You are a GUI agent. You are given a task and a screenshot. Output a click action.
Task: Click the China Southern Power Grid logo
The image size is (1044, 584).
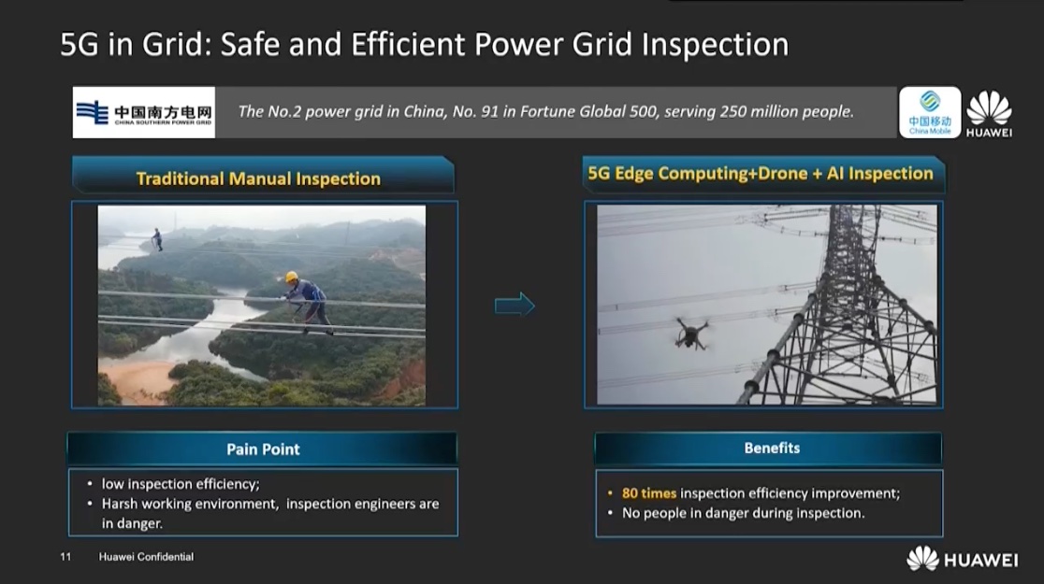pyautogui.click(x=144, y=112)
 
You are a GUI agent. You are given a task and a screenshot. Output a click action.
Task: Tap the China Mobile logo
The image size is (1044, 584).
pyautogui.click(x=930, y=112)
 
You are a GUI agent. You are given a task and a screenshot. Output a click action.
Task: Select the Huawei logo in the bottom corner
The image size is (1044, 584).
pyautogui.click(x=962, y=560)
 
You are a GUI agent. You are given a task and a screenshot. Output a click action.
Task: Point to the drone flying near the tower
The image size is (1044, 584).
pyautogui.click(x=691, y=333)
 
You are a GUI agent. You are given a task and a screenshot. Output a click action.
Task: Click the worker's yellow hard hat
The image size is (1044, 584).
pyautogui.click(x=291, y=277)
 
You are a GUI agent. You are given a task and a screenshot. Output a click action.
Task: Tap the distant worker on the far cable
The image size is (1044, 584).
pyautogui.click(x=157, y=239)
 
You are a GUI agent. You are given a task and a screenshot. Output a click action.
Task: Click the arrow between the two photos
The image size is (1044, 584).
pyautogui.click(x=515, y=305)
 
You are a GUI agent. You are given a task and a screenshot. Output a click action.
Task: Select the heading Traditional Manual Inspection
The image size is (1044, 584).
pyautogui.click(x=258, y=178)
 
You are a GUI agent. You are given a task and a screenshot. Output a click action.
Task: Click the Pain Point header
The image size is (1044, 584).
pyautogui.click(x=262, y=449)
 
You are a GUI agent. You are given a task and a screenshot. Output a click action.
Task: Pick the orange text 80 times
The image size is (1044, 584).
pyautogui.click(x=648, y=492)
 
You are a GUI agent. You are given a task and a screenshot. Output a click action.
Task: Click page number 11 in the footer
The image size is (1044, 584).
pyautogui.click(x=65, y=557)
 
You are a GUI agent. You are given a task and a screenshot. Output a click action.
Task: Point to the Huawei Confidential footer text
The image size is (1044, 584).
pyautogui.click(x=147, y=557)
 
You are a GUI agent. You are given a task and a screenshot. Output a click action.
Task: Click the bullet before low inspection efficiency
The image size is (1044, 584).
pyautogui.click(x=90, y=484)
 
